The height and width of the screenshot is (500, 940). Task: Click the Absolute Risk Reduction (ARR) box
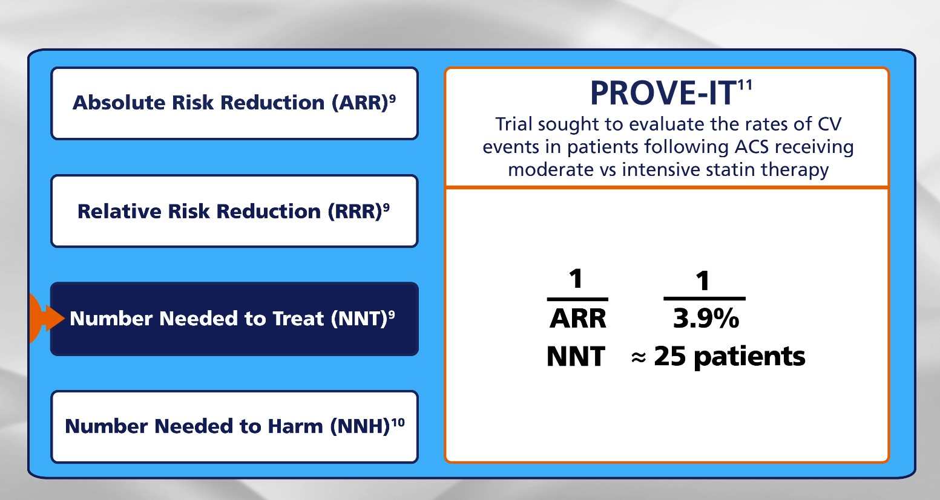(x=235, y=103)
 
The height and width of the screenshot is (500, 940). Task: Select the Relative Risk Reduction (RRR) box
(x=235, y=211)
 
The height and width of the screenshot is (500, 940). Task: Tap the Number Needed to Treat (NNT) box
(x=235, y=319)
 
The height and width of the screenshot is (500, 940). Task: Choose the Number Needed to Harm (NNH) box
(x=235, y=427)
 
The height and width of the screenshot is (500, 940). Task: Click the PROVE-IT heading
(x=663, y=93)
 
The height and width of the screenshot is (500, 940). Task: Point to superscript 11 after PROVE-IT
(x=745, y=85)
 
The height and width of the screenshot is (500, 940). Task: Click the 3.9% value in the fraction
(x=706, y=318)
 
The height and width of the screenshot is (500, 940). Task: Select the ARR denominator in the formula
(x=578, y=318)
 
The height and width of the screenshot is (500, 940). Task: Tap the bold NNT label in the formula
(x=576, y=356)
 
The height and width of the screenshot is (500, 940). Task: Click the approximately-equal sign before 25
(x=639, y=357)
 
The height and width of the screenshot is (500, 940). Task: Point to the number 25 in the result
(x=670, y=356)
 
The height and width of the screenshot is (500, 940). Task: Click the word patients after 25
(x=749, y=357)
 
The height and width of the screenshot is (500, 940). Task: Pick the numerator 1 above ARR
(x=576, y=279)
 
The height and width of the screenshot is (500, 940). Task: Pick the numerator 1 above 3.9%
(x=703, y=281)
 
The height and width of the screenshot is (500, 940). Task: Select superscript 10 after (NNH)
(x=398, y=423)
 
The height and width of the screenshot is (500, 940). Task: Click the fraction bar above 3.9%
(x=704, y=299)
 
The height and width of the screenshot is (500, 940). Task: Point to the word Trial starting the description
(x=514, y=124)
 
